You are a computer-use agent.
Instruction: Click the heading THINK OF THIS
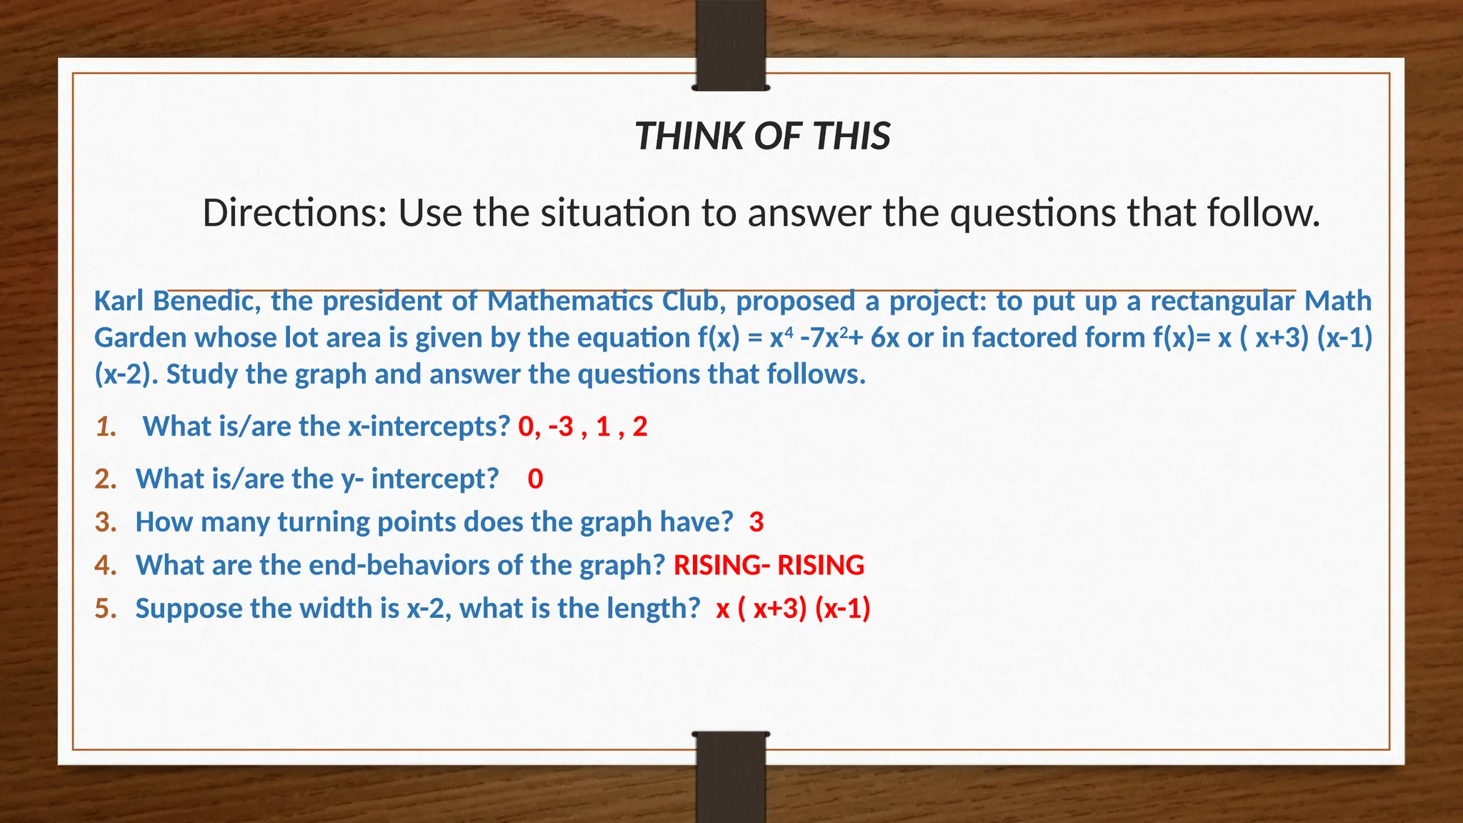click(762, 136)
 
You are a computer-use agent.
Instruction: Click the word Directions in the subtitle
click(294, 213)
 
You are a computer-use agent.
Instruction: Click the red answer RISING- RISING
click(769, 565)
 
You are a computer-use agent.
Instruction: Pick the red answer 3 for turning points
click(757, 522)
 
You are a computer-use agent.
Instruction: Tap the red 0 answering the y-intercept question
click(535, 479)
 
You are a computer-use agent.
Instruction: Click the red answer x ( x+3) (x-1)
click(793, 609)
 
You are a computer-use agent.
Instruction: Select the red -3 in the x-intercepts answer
click(561, 427)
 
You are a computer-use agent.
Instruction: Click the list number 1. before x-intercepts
click(106, 427)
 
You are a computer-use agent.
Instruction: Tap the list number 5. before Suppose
click(106, 609)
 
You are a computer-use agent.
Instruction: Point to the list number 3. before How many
click(106, 522)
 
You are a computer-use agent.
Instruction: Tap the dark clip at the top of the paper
click(731, 45)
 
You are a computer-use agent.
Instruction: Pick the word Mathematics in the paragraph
click(570, 301)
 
